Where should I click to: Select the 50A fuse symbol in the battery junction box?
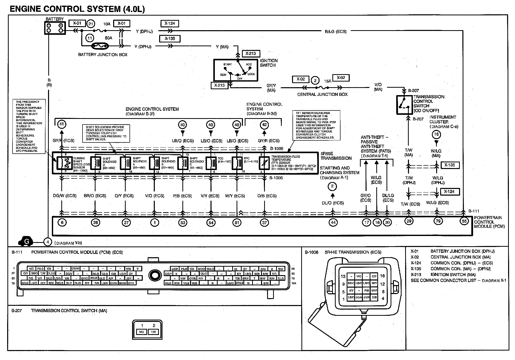(x=100, y=46)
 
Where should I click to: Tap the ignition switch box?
(x=235, y=70)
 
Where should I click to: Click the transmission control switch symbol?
(x=404, y=105)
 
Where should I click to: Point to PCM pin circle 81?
(x=237, y=222)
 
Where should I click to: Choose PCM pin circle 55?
(x=464, y=221)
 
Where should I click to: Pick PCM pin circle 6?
(x=62, y=222)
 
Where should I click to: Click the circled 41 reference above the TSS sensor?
(x=62, y=125)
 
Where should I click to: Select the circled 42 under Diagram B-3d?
(x=264, y=125)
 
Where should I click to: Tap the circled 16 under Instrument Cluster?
(x=436, y=134)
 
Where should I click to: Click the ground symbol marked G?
(x=26, y=242)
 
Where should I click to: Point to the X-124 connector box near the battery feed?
(x=170, y=24)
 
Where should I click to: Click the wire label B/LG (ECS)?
(x=336, y=31)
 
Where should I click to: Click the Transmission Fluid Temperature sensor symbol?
(x=264, y=163)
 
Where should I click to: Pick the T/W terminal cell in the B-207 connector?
(x=154, y=332)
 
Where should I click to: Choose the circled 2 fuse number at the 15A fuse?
(x=315, y=81)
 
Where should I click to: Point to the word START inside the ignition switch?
(x=228, y=64)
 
